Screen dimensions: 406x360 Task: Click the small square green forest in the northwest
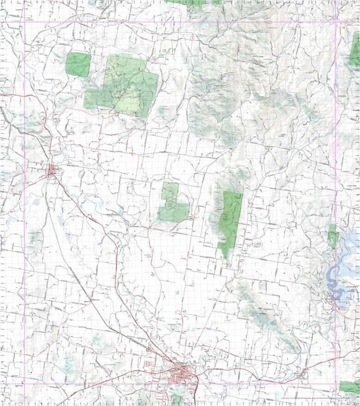pos(78,64)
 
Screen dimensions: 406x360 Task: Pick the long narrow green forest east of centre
pos(231,222)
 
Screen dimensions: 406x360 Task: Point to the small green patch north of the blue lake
pos(333,235)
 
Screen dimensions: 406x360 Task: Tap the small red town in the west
pos(53,171)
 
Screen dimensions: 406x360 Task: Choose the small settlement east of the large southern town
pos(302,375)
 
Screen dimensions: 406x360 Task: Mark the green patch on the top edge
pos(194,2)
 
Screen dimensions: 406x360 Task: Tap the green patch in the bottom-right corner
pos(349,387)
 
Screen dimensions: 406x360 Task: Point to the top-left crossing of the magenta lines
pos(24,22)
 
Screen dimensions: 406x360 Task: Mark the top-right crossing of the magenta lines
pos(336,22)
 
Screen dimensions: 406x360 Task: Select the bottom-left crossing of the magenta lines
pos(24,383)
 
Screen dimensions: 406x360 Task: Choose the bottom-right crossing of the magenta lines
pos(336,383)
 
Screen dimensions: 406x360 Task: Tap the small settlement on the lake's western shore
pos(332,300)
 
